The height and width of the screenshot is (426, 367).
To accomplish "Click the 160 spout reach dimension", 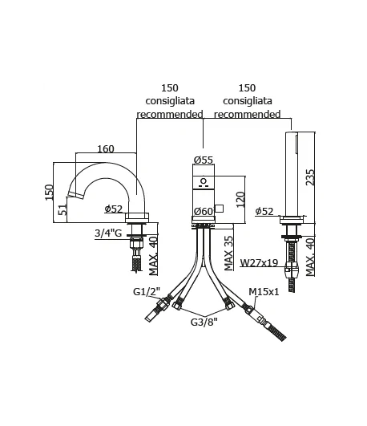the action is pyautogui.click(x=106, y=149).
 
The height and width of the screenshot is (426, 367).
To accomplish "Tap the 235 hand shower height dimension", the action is pyautogui.click(x=310, y=177).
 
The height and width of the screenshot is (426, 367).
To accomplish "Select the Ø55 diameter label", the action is pyautogui.click(x=204, y=160).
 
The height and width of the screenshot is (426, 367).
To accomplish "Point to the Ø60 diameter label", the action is pyautogui.click(x=204, y=211).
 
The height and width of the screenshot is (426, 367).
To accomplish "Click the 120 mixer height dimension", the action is pyautogui.click(x=240, y=200).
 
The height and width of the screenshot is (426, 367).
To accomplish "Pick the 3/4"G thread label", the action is pyautogui.click(x=108, y=233).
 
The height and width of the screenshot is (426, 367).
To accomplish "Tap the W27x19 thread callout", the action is pyautogui.click(x=260, y=262).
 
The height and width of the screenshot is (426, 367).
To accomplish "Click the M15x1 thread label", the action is pyautogui.click(x=264, y=292).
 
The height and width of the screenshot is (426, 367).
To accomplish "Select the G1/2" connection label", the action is pyautogui.click(x=147, y=291).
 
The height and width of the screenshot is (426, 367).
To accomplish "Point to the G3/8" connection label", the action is pyautogui.click(x=204, y=322).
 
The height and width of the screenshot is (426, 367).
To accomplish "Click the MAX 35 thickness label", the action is pyautogui.click(x=228, y=254).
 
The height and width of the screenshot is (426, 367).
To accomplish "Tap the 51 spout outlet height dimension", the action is pyautogui.click(x=63, y=209).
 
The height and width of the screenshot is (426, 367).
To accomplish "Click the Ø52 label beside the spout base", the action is pyautogui.click(x=114, y=209).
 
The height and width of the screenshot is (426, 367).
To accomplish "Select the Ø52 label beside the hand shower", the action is pyautogui.click(x=264, y=211).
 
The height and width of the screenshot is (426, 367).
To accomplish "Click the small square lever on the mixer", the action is pyautogui.click(x=219, y=209).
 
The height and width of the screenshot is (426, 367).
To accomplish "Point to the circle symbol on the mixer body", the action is pyautogui.click(x=204, y=181).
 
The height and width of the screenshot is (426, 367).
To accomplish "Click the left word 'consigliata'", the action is pyautogui.click(x=170, y=101).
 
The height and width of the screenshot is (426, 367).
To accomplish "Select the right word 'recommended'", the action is pyautogui.click(x=248, y=114).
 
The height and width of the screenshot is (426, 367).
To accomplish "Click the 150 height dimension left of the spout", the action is pyautogui.click(x=49, y=193).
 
